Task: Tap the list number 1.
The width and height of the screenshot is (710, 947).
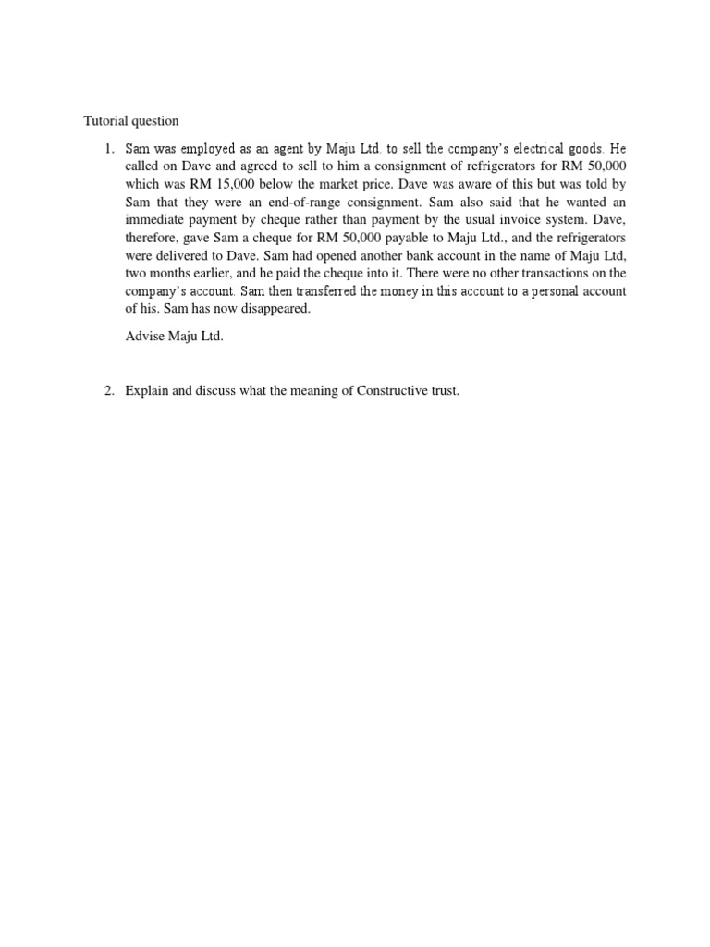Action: [x=107, y=149]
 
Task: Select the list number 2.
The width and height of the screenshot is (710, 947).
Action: [x=107, y=391]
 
